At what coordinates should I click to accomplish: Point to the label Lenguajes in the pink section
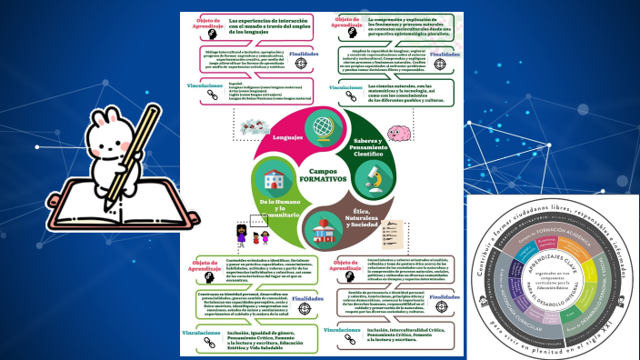point(287,137)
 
